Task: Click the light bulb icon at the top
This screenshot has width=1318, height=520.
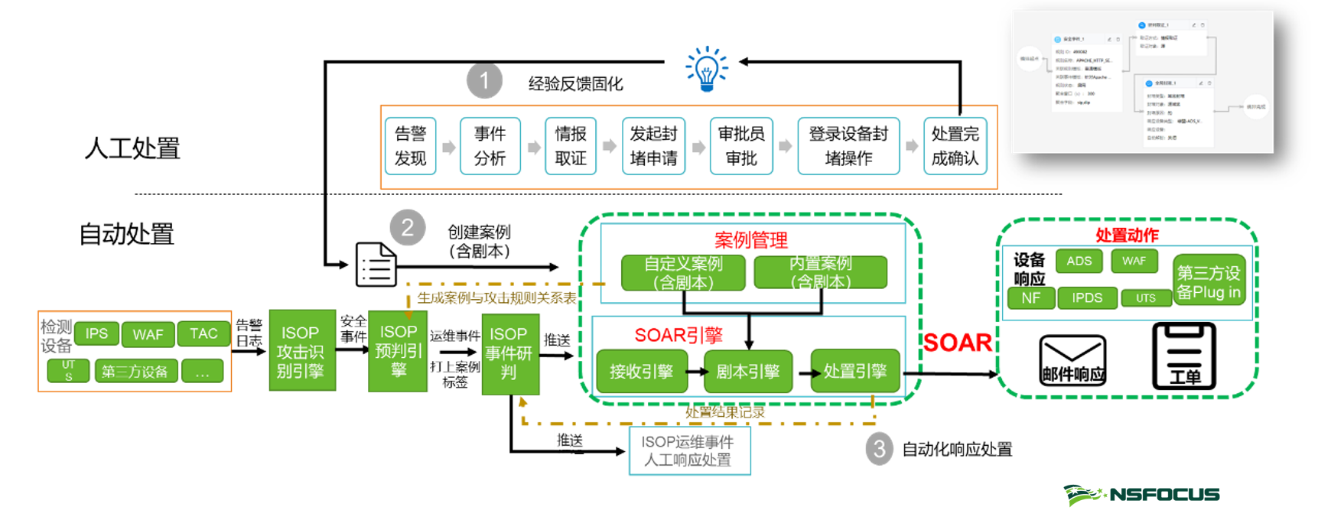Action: click(x=706, y=69)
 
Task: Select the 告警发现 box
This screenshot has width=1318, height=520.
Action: click(x=411, y=146)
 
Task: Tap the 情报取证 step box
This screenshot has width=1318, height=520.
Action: click(x=571, y=146)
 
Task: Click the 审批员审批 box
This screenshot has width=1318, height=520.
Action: click(x=741, y=146)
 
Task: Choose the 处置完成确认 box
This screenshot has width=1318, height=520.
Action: click(x=955, y=146)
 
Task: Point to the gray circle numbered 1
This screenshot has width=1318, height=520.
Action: click(x=484, y=80)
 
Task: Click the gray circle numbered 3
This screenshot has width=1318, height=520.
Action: click(x=879, y=449)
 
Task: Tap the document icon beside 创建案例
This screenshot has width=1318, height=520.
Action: click(x=376, y=265)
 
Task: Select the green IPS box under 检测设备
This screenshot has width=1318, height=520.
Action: click(x=96, y=333)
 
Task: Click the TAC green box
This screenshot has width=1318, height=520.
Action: click(x=203, y=333)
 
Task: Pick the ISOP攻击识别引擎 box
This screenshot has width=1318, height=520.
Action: click(x=301, y=351)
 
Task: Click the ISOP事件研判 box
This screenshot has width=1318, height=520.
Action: click(x=509, y=354)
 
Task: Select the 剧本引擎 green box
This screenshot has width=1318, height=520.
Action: click(x=747, y=372)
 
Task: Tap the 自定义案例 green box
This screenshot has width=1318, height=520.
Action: click(x=683, y=273)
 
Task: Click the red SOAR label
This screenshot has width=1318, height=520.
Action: click(x=957, y=343)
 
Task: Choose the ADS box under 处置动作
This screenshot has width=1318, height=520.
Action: click(x=1079, y=261)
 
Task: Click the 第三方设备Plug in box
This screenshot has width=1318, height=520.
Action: click(x=1209, y=281)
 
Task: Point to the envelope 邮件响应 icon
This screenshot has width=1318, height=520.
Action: click(x=1072, y=359)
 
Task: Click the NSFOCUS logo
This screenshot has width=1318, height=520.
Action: click(x=1141, y=495)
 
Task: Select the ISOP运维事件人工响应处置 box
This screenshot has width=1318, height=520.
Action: click(x=689, y=451)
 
